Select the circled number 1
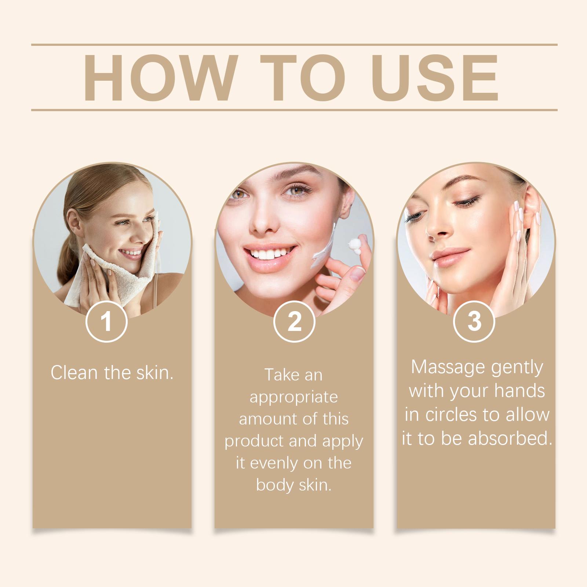click(x=106, y=321)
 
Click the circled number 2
click(x=294, y=321)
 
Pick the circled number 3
click(x=474, y=321)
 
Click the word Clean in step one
click(x=75, y=373)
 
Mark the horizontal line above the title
click(x=294, y=45)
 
